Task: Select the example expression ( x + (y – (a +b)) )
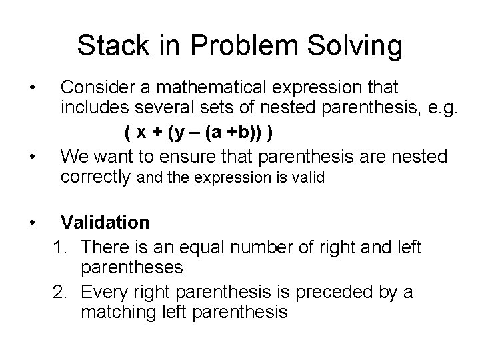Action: click(197, 132)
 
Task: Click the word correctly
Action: click(97, 178)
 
